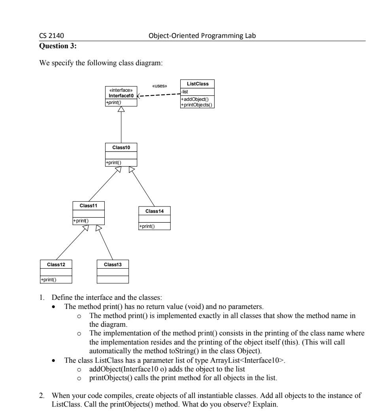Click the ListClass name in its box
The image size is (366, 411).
click(197, 83)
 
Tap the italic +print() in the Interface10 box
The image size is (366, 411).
click(113, 103)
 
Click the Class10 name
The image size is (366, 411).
click(121, 147)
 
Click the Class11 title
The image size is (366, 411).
click(89, 205)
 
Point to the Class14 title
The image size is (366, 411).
click(155, 211)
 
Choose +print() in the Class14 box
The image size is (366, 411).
click(146, 226)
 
